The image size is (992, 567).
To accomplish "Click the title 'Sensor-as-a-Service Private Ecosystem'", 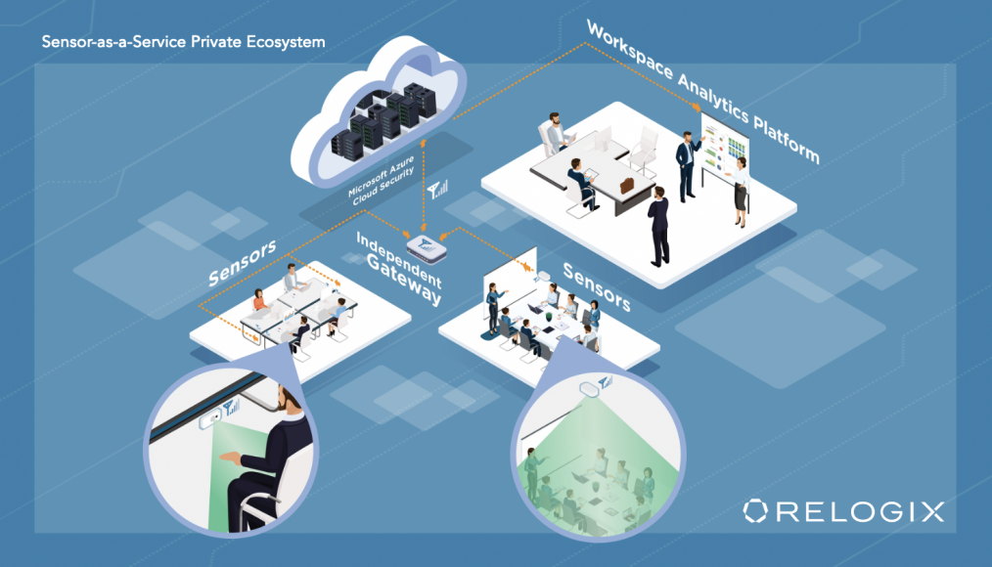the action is pos(184,42).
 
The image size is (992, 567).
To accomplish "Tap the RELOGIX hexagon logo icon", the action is pos(755,510).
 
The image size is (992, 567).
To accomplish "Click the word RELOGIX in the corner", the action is pos(860,511).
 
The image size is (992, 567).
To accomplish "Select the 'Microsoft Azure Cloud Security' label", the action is pos(383,181).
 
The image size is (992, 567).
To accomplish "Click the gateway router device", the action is pos(427,247).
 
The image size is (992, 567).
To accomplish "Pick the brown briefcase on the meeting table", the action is pos(627,185).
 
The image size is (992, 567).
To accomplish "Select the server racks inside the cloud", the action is pos(383,120).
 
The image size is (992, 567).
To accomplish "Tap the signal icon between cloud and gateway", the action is pos(438,189).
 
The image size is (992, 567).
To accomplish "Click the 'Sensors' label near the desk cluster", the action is pos(243,262).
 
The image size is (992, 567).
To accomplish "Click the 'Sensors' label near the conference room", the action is pos(597,287).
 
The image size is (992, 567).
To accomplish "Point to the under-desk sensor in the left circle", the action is pos(210,419).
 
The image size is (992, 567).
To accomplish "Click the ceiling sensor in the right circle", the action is pos(589,389).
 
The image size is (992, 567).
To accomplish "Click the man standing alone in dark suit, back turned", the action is pos(658,226).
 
